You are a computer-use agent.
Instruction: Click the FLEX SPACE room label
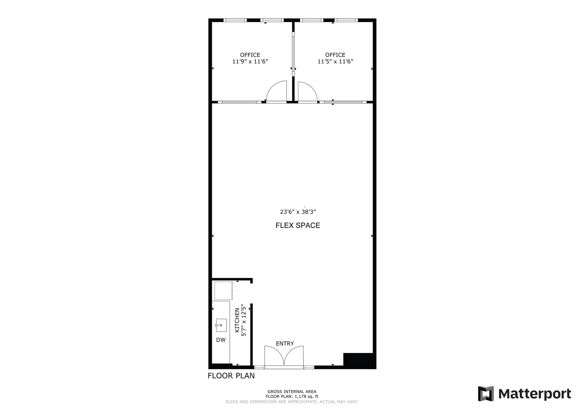pyautogui.click(x=298, y=225)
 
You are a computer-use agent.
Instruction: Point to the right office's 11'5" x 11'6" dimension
pyautogui.click(x=335, y=62)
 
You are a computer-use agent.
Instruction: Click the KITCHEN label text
pyautogui.click(x=237, y=320)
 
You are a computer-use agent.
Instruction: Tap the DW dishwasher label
pyautogui.click(x=221, y=340)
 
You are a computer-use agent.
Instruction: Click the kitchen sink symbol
pyautogui.click(x=221, y=325)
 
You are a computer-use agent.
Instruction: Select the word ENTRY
pyautogui.click(x=285, y=344)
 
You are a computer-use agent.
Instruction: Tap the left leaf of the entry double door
pyautogui.click(x=274, y=355)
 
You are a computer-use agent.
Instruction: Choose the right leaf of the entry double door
pyautogui.click(x=294, y=355)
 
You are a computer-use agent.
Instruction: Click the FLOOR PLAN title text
pyautogui.click(x=231, y=376)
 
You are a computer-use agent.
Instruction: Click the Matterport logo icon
pyautogui.click(x=486, y=394)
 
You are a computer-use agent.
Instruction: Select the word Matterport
pyautogui.click(x=534, y=394)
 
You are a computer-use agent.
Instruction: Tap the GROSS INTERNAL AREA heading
pyautogui.click(x=292, y=392)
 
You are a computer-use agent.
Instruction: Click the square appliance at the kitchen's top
pyautogui.click(x=224, y=291)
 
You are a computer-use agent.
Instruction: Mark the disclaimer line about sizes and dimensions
pyautogui.click(x=292, y=402)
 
